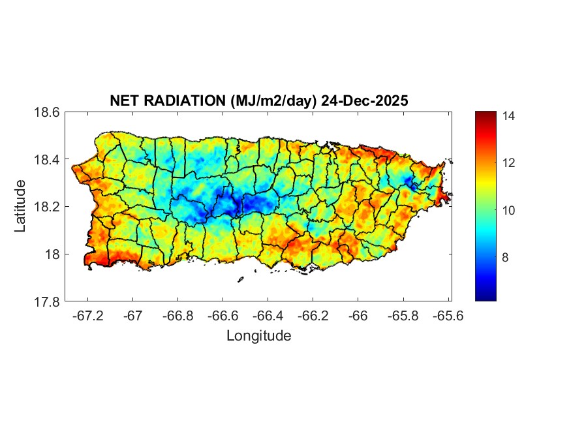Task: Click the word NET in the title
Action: click(123, 101)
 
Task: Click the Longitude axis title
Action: click(258, 336)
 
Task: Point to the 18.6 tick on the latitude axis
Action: click(48, 112)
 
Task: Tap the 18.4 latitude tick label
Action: click(48, 160)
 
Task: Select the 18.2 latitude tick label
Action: click(48, 207)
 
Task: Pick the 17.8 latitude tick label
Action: click(48, 301)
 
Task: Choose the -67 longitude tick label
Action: click(133, 316)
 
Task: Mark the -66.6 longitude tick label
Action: click(223, 316)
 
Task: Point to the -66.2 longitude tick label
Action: click(313, 316)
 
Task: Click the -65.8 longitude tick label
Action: click(403, 316)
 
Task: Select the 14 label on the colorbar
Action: click(509, 116)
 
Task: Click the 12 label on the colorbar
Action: click(509, 163)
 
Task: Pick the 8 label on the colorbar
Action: click(506, 258)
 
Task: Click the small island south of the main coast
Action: click(240, 280)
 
